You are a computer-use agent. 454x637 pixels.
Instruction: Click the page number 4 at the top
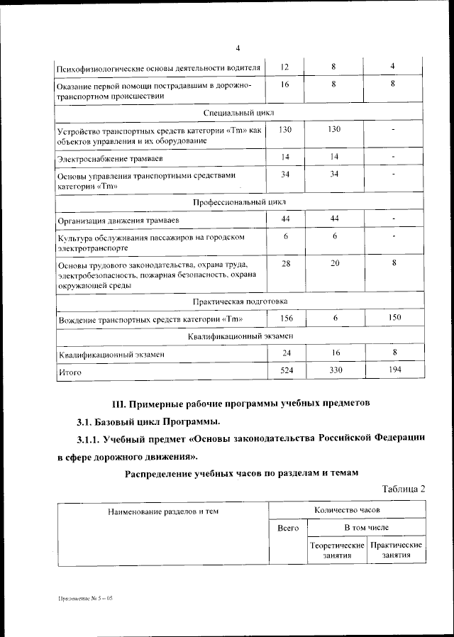tap(238, 48)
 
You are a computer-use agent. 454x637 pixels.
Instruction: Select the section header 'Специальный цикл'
tap(238, 113)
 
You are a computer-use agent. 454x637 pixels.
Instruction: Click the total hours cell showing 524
tap(285, 370)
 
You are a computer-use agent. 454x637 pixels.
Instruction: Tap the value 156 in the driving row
tap(285, 318)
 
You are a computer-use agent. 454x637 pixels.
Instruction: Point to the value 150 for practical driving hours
tap(394, 318)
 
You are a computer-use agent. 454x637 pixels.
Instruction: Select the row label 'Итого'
tap(70, 371)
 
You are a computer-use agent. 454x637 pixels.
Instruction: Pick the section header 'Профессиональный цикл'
tap(238, 202)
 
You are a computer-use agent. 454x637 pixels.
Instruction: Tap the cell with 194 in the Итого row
tap(394, 370)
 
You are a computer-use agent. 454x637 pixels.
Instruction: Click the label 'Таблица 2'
tap(404, 489)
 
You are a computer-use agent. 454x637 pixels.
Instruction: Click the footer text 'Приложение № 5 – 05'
tap(85, 599)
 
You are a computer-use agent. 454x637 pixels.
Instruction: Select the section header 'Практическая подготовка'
tap(238, 301)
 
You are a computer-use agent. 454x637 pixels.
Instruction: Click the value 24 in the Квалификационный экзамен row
tap(285, 353)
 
